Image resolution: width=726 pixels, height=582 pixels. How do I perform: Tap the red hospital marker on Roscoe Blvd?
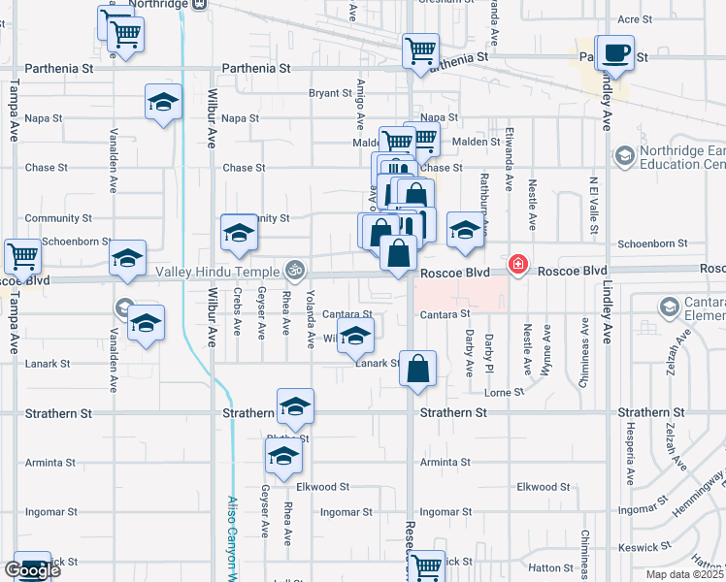tap(517, 265)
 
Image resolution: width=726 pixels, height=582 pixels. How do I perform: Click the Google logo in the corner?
tap(32, 570)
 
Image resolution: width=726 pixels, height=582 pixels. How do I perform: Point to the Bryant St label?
tap(330, 93)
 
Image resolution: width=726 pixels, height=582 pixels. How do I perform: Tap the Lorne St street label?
tap(505, 392)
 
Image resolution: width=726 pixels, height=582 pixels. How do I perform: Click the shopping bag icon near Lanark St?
tap(417, 370)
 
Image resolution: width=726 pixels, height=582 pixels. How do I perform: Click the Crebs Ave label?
tap(237, 311)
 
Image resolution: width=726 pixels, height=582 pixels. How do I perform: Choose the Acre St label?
tap(634, 18)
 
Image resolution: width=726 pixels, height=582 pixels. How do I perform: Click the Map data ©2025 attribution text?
tap(684, 574)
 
